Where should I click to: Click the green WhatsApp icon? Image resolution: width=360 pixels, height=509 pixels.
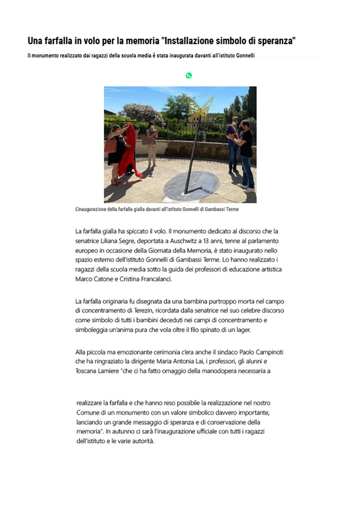188,75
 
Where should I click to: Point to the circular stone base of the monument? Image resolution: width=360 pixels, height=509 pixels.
191,184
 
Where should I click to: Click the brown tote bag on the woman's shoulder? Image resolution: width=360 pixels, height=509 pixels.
111,145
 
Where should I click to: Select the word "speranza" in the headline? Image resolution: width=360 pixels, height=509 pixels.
271,41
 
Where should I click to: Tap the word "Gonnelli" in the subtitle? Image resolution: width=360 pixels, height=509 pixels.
242,56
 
